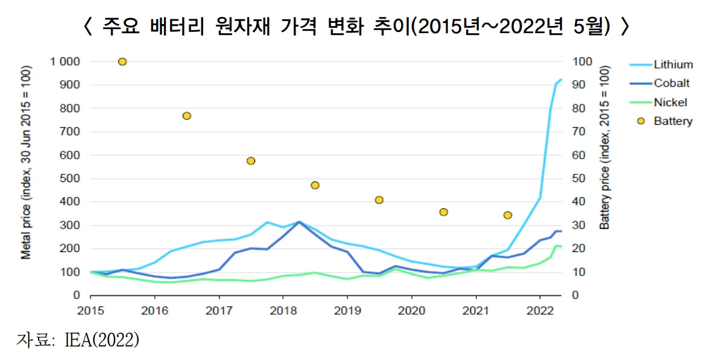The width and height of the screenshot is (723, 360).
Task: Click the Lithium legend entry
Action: point(673,65)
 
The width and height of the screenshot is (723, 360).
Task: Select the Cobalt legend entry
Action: point(671,84)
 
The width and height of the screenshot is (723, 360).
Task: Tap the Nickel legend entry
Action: point(670,103)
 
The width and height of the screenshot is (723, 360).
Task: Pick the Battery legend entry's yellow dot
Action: point(641,121)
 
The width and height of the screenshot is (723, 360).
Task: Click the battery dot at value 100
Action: point(122,62)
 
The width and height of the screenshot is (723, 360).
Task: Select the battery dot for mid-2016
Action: point(187,116)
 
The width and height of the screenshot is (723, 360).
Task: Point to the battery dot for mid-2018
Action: point(315,185)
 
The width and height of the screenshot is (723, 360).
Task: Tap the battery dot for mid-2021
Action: point(508,215)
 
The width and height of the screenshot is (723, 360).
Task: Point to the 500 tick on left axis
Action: point(71,178)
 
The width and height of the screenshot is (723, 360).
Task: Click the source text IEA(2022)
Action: point(101,340)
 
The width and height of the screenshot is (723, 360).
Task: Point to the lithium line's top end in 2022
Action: point(561,79)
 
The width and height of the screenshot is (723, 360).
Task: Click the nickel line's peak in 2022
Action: point(557,245)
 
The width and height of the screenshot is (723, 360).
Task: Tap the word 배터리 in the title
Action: point(171,27)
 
